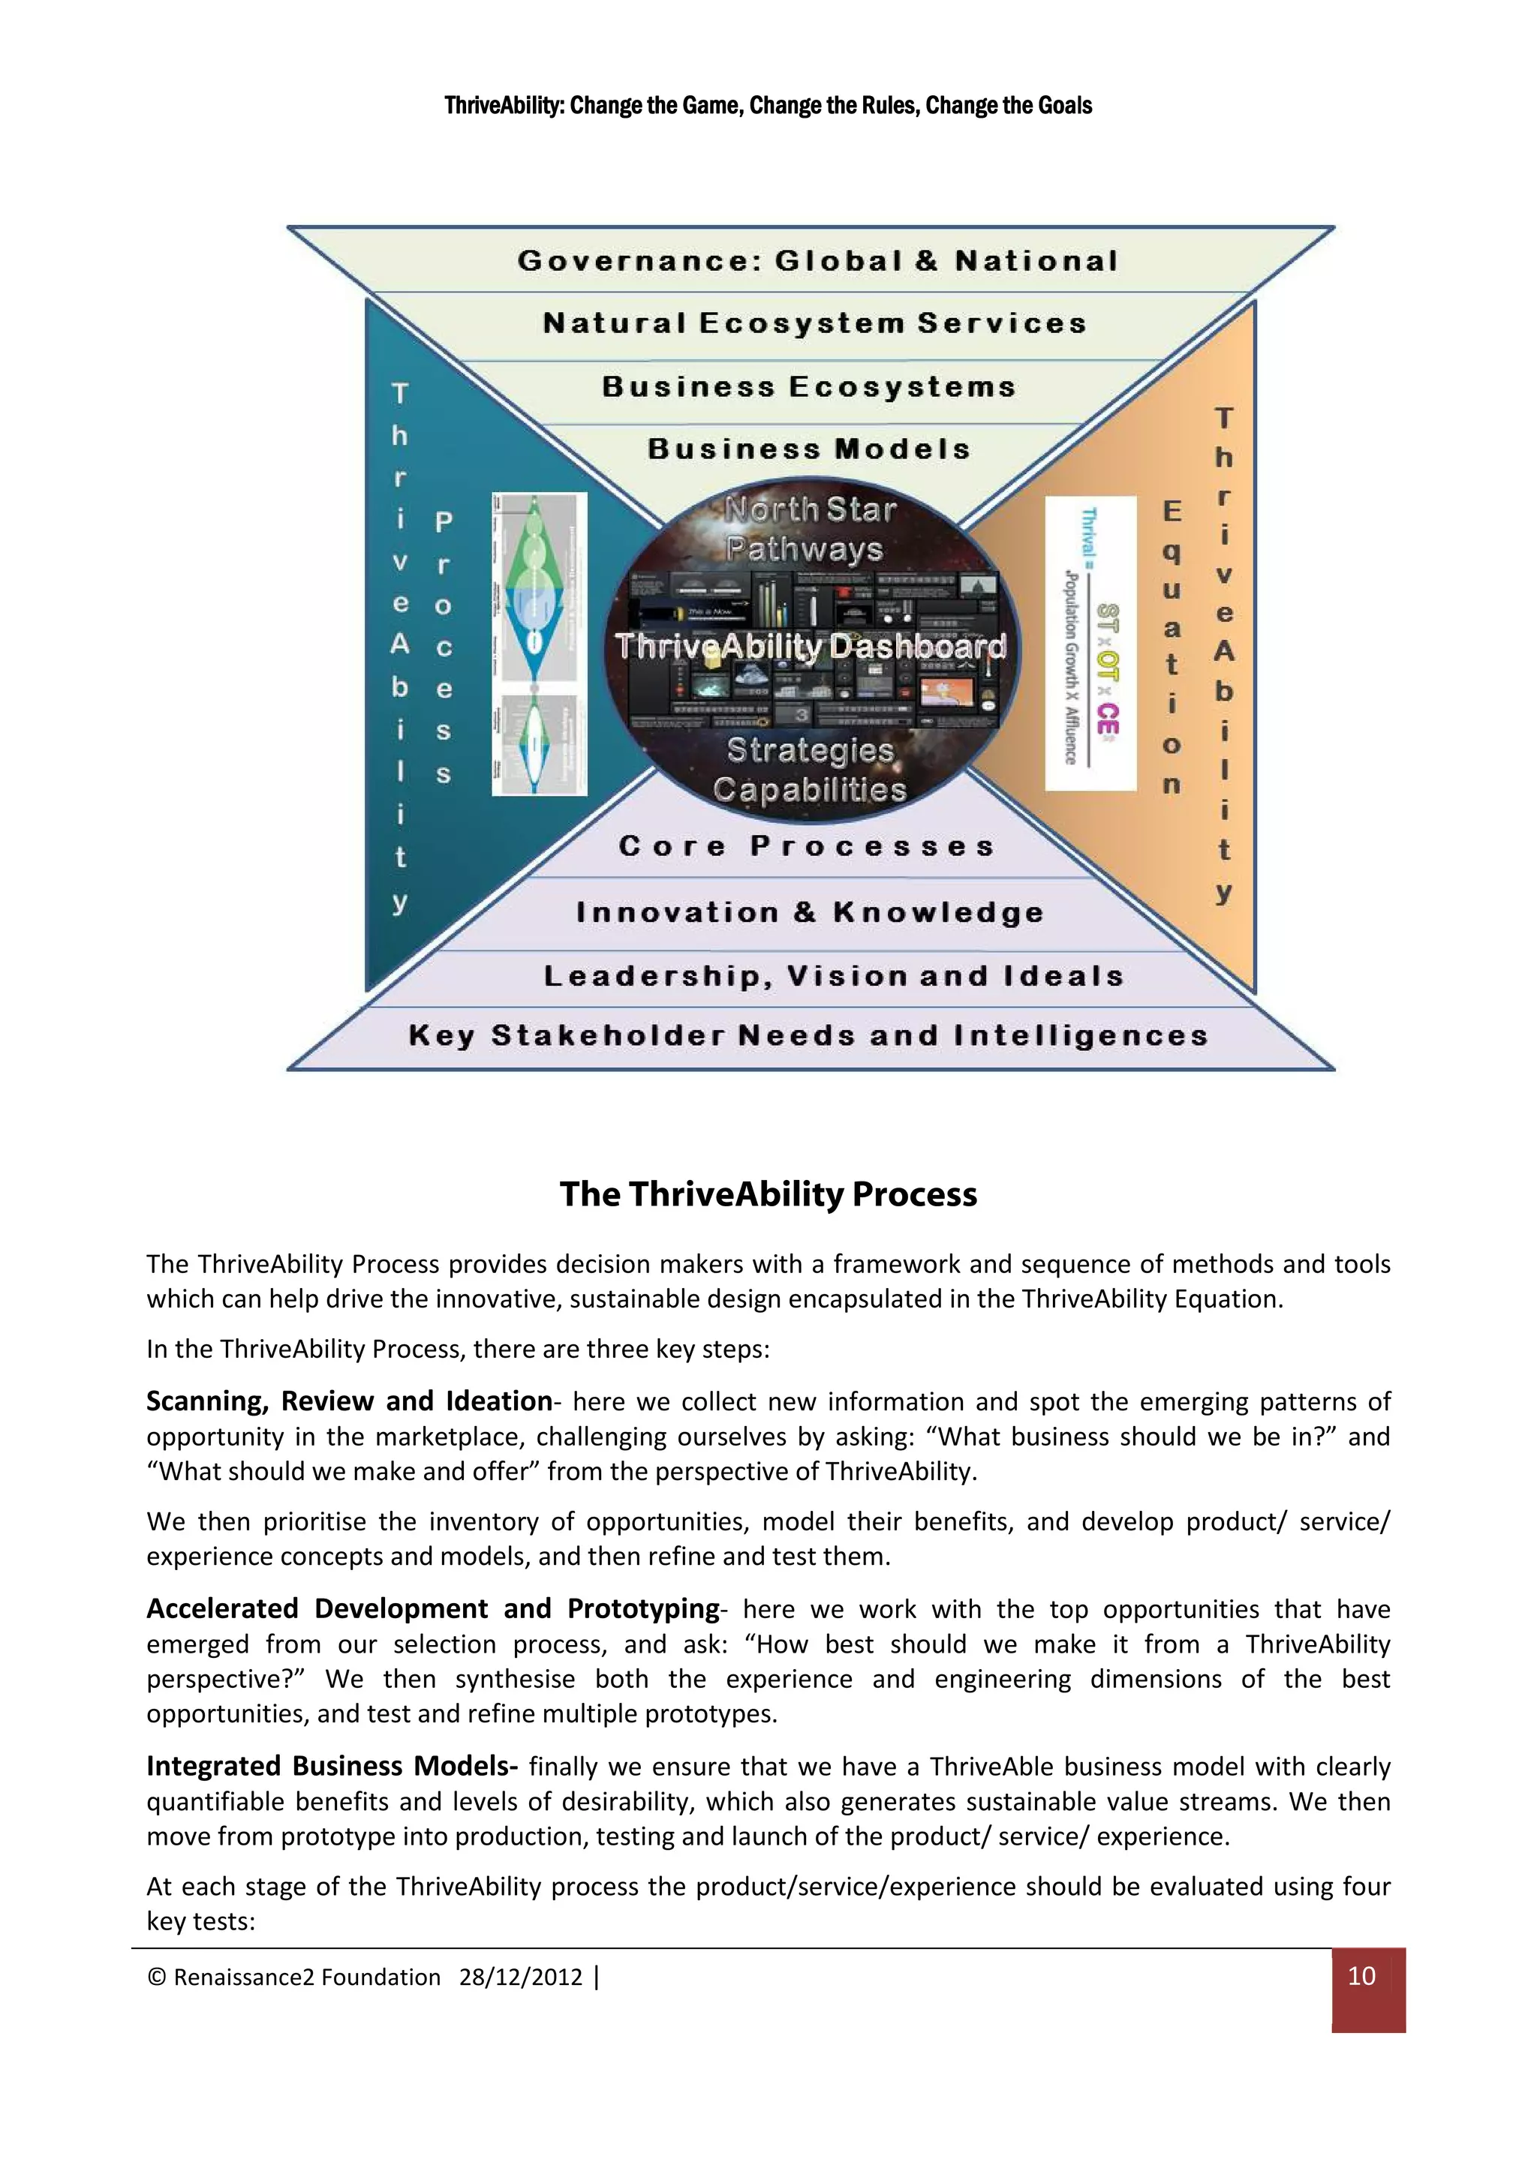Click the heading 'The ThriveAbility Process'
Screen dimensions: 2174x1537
(x=768, y=1194)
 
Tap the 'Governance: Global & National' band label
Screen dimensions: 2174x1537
(x=818, y=260)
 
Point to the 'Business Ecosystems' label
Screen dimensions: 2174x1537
(x=809, y=386)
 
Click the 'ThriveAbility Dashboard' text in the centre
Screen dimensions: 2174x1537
(x=811, y=647)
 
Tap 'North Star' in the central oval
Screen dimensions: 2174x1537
(x=810, y=510)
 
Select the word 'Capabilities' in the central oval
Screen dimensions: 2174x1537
(x=810, y=790)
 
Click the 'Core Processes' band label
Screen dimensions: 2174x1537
(x=807, y=845)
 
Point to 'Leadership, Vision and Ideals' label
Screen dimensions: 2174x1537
(x=833, y=975)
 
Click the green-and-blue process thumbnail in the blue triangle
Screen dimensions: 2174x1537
(x=539, y=643)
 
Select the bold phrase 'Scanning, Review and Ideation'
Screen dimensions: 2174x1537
(x=348, y=1401)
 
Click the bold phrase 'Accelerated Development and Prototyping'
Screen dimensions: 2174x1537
(x=433, y=1608)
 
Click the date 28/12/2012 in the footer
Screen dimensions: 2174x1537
(x=520, y=1977)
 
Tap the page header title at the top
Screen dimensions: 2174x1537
(x=768, y=105)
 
